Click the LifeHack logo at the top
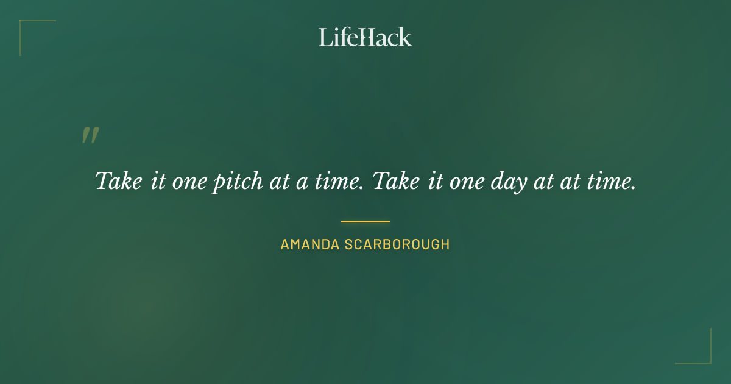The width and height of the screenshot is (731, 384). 365,37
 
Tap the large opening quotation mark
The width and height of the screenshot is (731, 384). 90,135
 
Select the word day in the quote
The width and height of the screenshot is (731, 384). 510,182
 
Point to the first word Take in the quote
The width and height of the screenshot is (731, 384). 118,181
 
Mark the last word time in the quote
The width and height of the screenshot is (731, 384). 611,181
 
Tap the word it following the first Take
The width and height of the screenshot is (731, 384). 157,181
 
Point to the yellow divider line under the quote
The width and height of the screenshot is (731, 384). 365,221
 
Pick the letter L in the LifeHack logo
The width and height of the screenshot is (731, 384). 325,37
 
